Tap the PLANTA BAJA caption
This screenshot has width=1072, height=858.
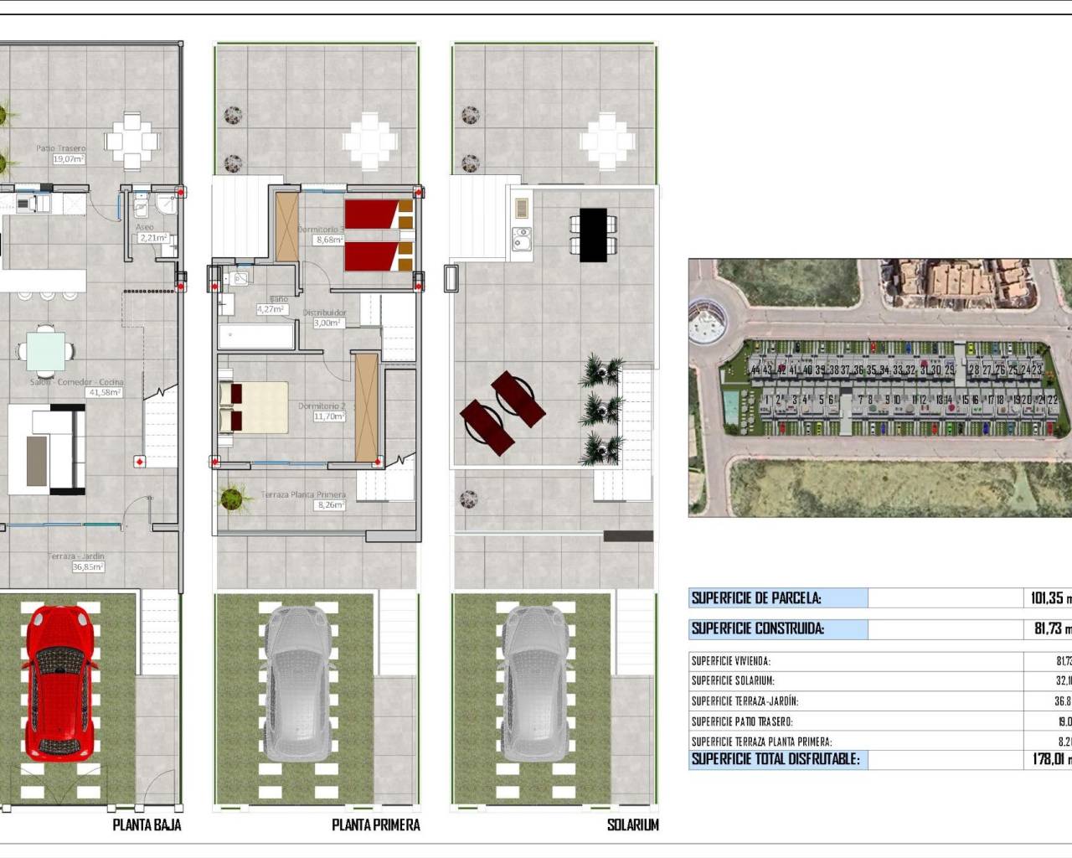point(147,824)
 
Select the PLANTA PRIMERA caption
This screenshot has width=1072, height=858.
point(375,824)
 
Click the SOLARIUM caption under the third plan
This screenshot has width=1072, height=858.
point(632,824)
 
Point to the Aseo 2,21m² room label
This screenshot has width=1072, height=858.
point(152,233)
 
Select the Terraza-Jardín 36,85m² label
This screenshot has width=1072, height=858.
point(77,561)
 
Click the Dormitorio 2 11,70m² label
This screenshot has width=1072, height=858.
point(322,411)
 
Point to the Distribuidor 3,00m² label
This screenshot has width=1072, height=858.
point(326,318)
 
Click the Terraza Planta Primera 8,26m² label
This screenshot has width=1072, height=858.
point(304,499)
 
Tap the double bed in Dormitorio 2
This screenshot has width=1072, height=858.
point(254,408)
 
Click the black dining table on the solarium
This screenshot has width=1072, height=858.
point(593,235)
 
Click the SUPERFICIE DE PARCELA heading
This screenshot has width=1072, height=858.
point(756,598)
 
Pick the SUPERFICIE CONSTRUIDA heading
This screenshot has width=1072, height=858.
point(758,628)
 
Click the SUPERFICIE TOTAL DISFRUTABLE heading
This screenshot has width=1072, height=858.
point(776,759)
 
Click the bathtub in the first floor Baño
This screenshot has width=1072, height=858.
point(256,338)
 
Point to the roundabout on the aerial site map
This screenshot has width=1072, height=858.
point(708,323)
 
